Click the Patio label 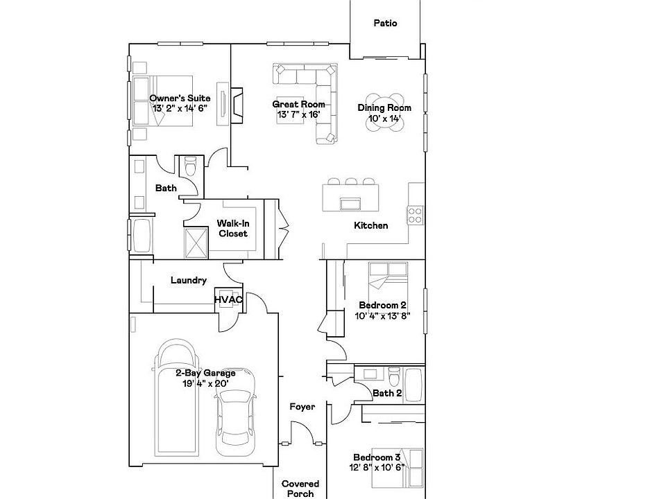tap(385, 23)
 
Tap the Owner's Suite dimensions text tap(180, 109)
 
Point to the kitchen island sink tap(350, 203)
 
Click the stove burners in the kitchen tap(416, 215)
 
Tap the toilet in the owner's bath tap(190, 167)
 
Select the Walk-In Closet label tap(233, 228)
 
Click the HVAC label tap(228, 299)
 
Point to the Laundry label tap(189, 281)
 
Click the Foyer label tap(302, 407)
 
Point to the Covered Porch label tap(300, 489)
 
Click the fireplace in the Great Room tap(237, 103)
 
